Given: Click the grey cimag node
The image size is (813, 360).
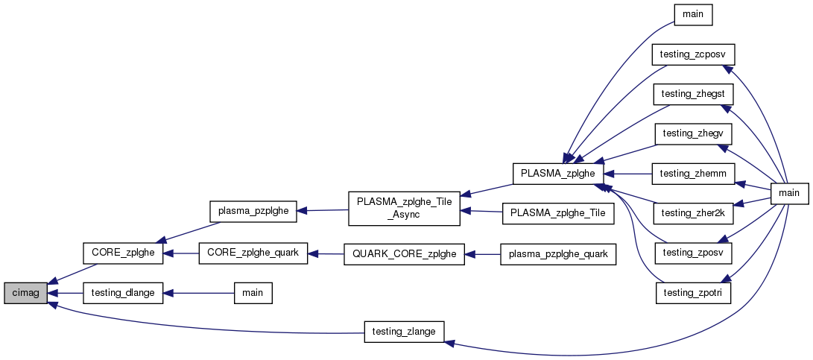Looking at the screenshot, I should (x=26, y=293).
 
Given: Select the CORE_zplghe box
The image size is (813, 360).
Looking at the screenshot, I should (x=122, y=253).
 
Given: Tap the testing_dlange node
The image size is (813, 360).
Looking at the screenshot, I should (x=122, y=293).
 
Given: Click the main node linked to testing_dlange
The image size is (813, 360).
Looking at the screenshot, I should (x=253, y=293).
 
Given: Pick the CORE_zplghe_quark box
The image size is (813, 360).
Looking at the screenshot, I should (x=253, y=253).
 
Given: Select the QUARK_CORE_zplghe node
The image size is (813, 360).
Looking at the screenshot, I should (x=404, y=254).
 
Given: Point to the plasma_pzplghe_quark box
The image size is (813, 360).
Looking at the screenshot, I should (x=558, y=254).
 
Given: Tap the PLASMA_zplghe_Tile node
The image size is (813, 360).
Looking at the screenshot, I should (x=558, y=213).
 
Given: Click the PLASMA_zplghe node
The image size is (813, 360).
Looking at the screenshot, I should (x=558, y=173).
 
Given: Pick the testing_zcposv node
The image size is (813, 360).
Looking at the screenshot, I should (x=693, y=54).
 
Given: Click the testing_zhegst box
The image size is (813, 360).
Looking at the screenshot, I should (x=693, y=95).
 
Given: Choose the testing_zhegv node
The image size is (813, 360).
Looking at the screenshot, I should (x=693, y=133).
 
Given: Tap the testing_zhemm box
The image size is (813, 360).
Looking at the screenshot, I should (x=693, y=173).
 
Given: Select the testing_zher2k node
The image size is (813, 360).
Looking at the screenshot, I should (x=693, y=213).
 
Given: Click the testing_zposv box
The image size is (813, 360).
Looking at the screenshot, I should (x=693, y=253).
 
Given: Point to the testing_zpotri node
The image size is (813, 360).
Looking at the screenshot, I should (x=693, y=293).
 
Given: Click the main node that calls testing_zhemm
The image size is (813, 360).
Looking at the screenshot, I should (x=788, y=193).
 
